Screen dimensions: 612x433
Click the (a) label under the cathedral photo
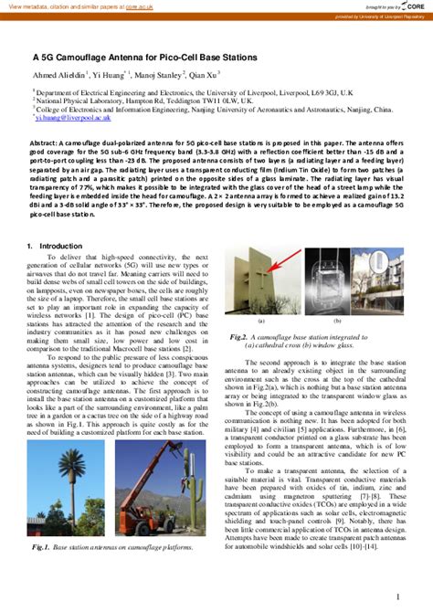(x=261, y=322)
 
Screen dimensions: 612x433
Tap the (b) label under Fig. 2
(x=337, y=322)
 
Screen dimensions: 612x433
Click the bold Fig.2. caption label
(x=241, y=336)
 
